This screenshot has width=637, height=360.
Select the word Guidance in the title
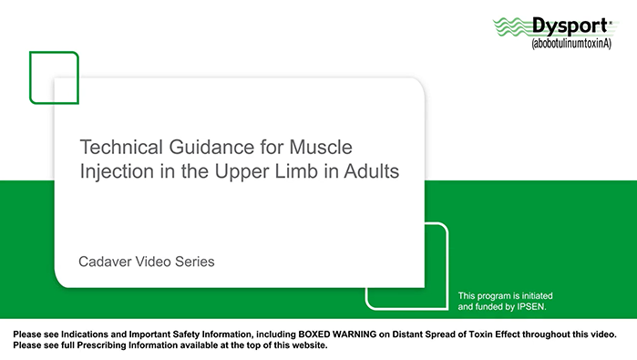coord(202,147)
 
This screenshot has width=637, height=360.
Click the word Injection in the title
coord(112,171)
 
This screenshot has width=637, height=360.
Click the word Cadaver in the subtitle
coord(107,262)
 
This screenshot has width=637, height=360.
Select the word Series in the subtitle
coord(196,262)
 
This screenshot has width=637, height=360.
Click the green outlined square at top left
coord(54,77)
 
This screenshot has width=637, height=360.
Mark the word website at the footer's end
coord(308,346)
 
